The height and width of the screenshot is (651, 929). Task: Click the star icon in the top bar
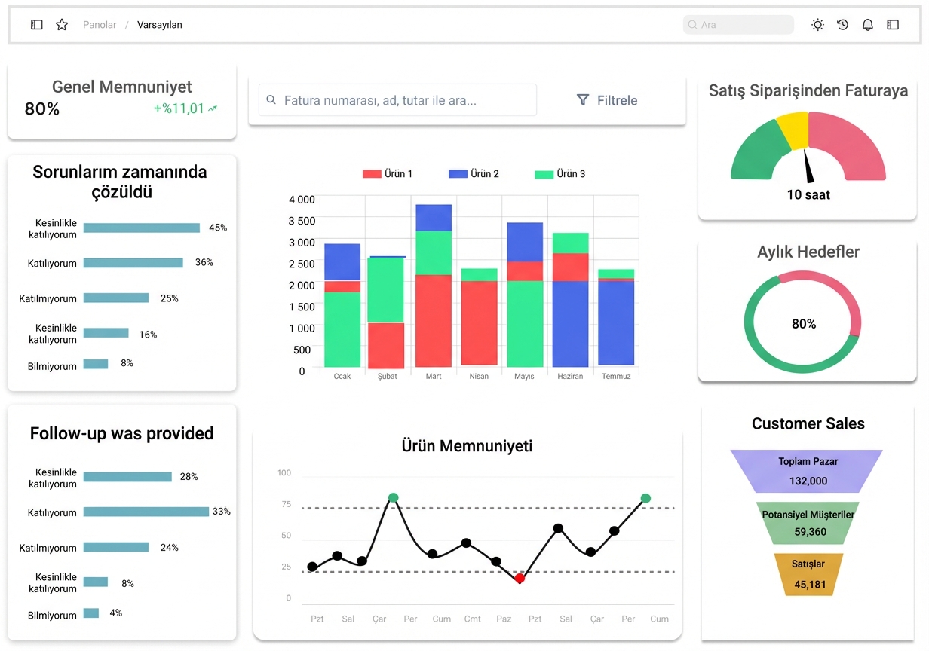click(x=62, y=25)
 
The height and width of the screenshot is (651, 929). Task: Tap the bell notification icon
click(x=868, y=25)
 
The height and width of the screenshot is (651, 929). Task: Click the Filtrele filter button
click(x=607, y=100)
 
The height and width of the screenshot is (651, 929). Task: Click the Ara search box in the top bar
click(x=738, y=25)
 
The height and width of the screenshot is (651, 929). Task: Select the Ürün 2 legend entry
click(x=474, y=173)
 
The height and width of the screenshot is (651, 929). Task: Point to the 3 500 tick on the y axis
click(x=302, y=221)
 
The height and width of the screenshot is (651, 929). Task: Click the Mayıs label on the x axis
click(x=524, y=376)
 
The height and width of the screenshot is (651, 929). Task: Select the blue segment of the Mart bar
click(x=434, y=218)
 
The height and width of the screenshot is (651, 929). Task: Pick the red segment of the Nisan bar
click(x=479, y=322)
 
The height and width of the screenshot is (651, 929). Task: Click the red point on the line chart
click(x=520, y=578)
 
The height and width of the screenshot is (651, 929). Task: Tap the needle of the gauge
click(x=808, y=167)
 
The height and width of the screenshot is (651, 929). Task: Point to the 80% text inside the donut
click(x=804, y=324)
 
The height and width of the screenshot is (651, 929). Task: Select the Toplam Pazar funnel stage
click(x=807, y=471)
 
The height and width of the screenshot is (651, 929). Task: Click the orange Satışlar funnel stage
click(x=808, y=574)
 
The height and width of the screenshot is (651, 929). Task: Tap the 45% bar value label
click(x=218, y=228)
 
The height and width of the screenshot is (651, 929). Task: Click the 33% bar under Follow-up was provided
click(x=146, y=512)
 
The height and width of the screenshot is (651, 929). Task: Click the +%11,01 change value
click(x=179, y=108)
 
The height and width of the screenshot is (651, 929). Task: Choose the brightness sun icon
click(x=817, y=25)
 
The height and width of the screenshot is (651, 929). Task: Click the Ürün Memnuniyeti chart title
click(x=467, y=446)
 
